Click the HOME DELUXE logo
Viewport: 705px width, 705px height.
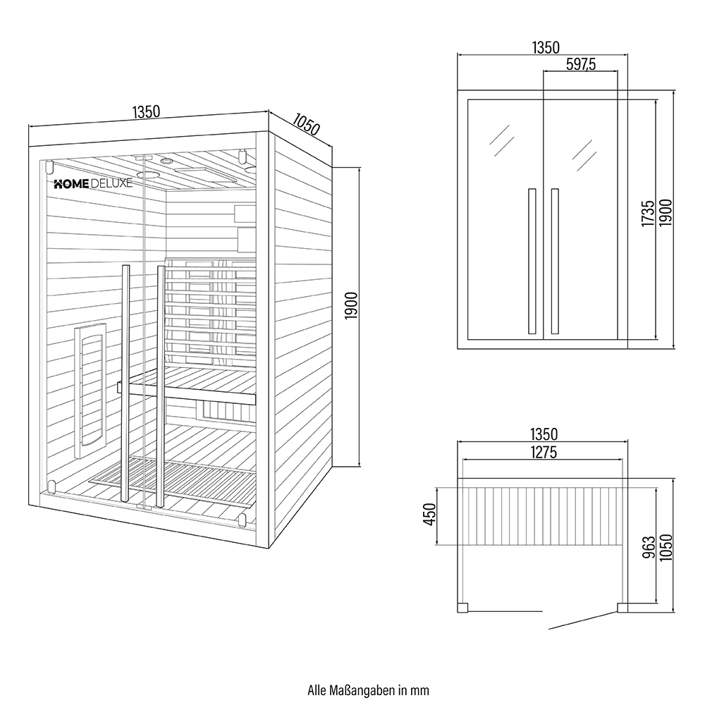(93, 184)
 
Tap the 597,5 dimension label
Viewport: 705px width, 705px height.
(581, 64)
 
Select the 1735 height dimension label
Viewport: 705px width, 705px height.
(648, 214)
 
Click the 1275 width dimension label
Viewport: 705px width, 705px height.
(544, 452)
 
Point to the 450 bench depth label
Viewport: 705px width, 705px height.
(430, 515)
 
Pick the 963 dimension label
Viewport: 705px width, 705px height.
(649, 548)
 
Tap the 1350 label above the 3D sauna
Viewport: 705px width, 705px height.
(146, 111)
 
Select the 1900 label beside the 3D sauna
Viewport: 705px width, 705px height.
(351, 306)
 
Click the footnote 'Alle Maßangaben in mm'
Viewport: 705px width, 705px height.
(368, 690)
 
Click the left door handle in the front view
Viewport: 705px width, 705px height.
(532, 262)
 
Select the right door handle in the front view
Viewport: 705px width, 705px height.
(555, 262)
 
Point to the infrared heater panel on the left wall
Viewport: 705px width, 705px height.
(90, 390)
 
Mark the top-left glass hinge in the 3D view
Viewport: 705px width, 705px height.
(49, 166)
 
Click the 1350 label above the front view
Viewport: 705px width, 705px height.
(546, 47)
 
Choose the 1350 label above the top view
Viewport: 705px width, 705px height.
(544, 434)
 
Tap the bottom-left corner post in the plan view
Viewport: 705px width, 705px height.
(462, 608)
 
